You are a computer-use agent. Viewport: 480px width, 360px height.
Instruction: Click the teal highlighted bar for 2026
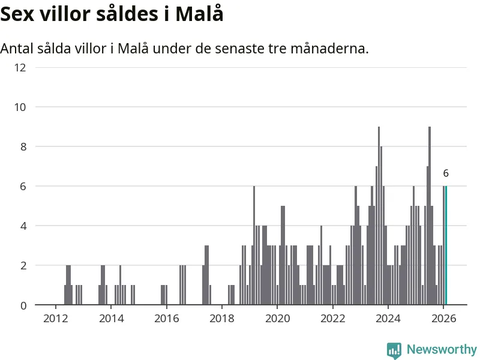click(446, 245)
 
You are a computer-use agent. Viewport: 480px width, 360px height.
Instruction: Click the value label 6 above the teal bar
click(446, 173)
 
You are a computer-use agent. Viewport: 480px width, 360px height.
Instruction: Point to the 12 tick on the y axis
click(20, 67)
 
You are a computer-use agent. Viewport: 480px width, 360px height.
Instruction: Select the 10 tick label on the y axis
click(20, 107)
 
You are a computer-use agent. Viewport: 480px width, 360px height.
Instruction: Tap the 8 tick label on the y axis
click(22, 146)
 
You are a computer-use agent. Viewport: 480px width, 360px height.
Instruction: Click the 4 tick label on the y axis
click(22, 226)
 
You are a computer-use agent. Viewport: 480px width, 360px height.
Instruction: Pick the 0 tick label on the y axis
click(22, 305)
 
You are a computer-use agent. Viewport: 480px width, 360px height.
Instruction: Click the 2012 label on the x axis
click(55, 319)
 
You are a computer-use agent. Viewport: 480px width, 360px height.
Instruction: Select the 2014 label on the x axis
click(111, 319)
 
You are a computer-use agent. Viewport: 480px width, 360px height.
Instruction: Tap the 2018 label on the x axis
click(222, 319)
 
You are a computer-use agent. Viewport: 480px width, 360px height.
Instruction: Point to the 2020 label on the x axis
click(277, 319)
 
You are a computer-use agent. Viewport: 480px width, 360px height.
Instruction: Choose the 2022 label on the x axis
click(333, 319)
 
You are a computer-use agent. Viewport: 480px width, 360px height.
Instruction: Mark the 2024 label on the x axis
click(388, 319)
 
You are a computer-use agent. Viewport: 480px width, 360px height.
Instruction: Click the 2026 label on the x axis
click(443, 319)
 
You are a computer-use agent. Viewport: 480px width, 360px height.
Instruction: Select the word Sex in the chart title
click(20, 14)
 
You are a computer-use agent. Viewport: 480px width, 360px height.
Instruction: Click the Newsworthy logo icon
click(394, 350)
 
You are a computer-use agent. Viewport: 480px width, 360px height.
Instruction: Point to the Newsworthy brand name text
click(442, 350)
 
